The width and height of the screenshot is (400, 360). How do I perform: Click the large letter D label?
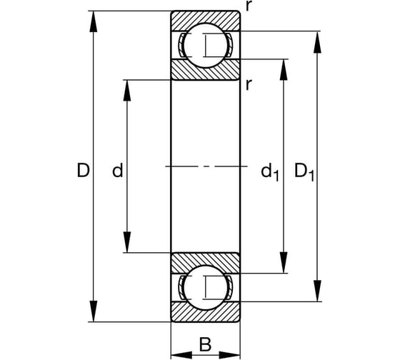coord(84,171)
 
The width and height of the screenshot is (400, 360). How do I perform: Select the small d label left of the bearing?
coord(118,171)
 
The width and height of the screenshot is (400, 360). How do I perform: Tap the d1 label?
coord(269,171)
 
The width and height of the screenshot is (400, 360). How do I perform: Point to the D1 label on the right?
coord(304,171)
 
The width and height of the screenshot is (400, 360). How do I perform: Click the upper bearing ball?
coord(205,45)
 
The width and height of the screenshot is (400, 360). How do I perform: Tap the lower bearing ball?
coord(205,287)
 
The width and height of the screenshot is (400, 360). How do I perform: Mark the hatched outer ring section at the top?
coord(205,19)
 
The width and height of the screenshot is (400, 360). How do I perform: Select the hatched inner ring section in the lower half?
coord(205,261)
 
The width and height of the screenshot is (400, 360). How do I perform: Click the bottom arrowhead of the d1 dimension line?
coord(284,264)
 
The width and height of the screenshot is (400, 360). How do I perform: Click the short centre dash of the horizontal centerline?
coord(206,166)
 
